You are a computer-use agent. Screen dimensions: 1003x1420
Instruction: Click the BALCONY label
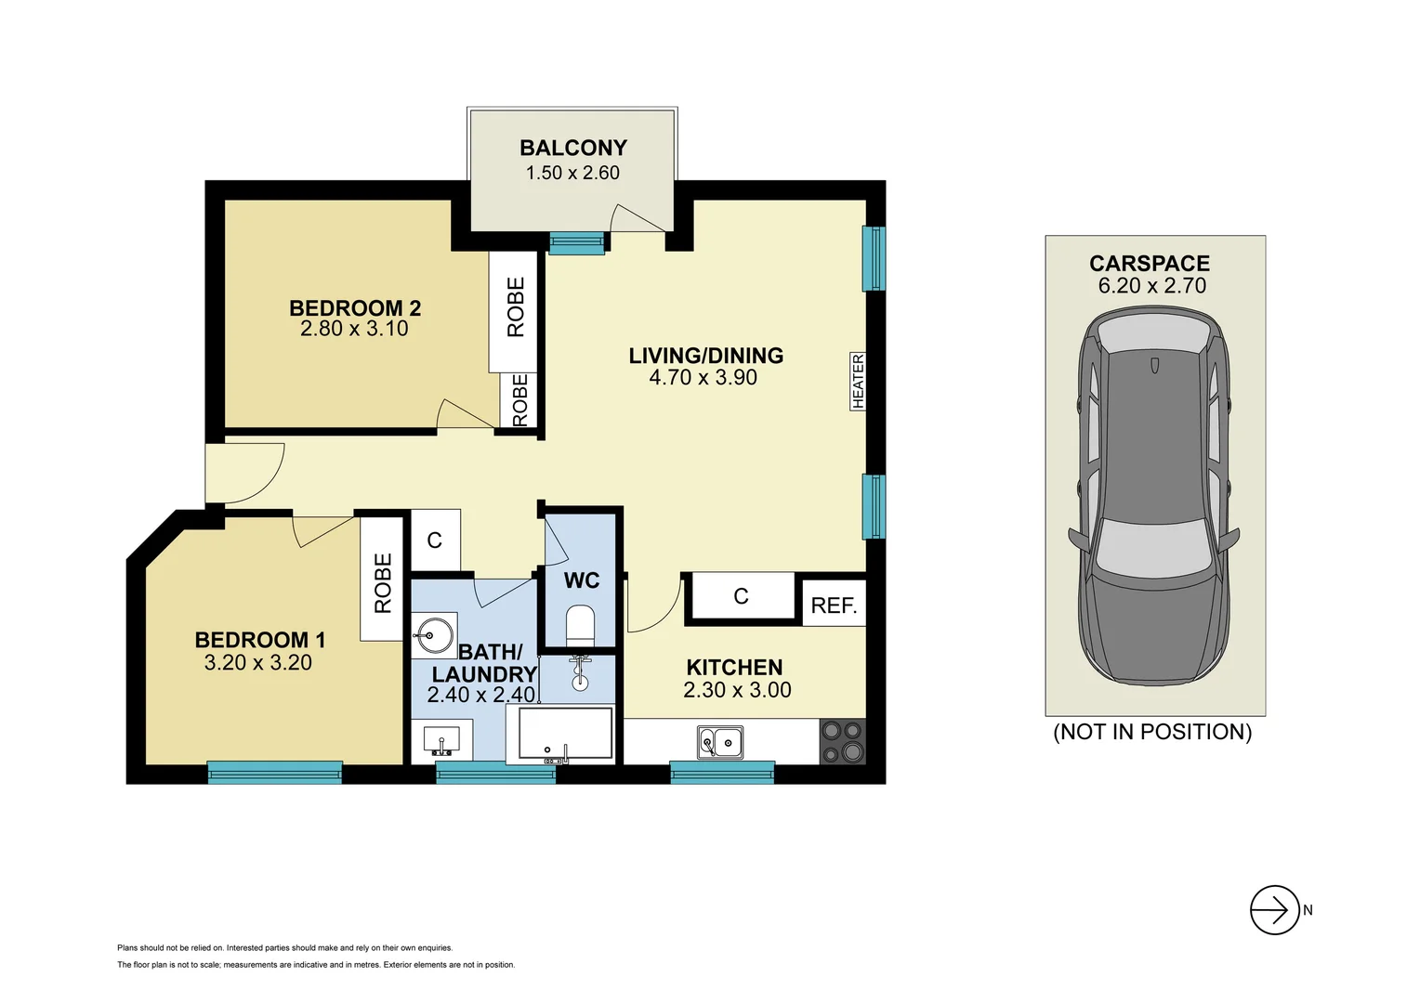coord(572,148)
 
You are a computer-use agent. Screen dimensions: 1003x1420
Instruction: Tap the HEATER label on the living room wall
coord(858,381)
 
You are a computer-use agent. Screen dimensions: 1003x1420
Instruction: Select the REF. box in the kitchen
coord(834,605)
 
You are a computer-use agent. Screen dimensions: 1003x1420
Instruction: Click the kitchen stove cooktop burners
coord(843,742)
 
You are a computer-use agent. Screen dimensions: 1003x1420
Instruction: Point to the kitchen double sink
coord(720,742)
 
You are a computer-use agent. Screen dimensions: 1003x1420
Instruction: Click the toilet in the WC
coord(580,625)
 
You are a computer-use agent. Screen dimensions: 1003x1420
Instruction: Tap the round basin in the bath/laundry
coord(433,636)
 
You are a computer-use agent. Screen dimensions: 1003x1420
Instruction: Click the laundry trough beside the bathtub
coord(441,739)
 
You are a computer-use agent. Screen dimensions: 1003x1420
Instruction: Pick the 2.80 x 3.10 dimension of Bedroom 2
coord(354,329)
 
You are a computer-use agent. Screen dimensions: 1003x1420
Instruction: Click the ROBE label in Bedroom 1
coord(382,583)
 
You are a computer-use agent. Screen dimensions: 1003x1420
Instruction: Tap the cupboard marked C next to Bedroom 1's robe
coord(435,541)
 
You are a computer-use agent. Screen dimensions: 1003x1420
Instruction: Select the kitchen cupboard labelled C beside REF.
coord(741,596)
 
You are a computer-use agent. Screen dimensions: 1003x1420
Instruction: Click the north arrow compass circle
coord(1274,910)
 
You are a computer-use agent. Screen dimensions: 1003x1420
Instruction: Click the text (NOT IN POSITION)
coord(1152,732)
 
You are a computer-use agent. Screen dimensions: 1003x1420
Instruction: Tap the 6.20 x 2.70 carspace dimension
coord(1152,286)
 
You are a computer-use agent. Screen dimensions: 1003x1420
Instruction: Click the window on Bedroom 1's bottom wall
coord(274,773)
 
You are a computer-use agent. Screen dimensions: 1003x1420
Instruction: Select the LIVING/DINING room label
coord(705,356)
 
